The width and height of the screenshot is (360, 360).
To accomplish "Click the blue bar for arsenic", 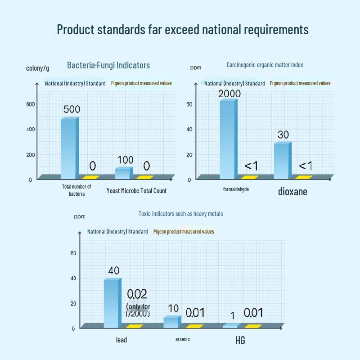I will tap(171, 322).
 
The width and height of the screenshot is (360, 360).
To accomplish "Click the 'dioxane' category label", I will tap(292, 192).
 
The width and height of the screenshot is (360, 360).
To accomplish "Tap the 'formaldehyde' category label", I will tap(236, 189).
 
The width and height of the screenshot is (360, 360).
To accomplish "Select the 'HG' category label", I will tap(240, 340).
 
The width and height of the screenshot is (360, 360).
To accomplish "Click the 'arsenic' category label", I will tap(182, 339).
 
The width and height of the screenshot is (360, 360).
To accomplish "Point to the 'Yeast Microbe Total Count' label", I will tap(136, 191).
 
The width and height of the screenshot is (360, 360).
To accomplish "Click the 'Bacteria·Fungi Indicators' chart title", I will tap(108, 65).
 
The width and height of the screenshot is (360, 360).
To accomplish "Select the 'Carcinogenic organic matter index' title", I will tap(265, 65).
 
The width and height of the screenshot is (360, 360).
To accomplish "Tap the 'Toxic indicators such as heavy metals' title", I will tap(180, 214).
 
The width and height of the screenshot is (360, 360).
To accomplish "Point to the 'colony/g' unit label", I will tap(38, 68).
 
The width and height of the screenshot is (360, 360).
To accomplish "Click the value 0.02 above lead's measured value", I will tap(137, 294).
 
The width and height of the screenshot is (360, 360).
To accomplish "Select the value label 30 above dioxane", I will tap(283, 135).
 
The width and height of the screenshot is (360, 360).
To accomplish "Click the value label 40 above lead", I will tap(114, 270).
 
